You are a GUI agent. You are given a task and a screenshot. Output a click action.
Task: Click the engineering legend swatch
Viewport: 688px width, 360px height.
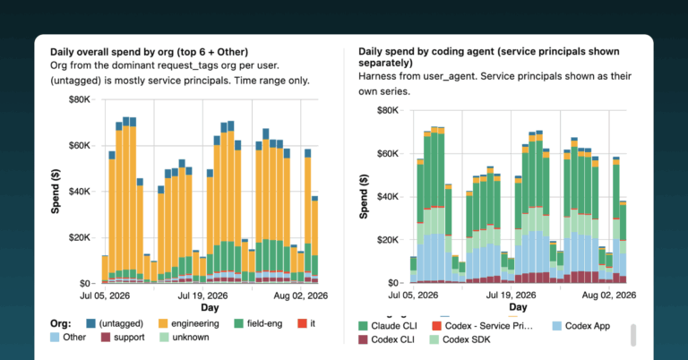point(163,323)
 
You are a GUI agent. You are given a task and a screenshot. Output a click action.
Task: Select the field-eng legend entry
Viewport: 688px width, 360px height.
point(258,323)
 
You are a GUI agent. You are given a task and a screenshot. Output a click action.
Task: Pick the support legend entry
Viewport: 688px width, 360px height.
point(123,338)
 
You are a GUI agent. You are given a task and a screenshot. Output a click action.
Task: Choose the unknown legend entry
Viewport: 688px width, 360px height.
point(184,338)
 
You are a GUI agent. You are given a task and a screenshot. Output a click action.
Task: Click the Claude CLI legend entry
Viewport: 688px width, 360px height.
point(387,326)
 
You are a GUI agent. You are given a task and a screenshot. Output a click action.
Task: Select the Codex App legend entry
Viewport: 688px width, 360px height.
point(580,326)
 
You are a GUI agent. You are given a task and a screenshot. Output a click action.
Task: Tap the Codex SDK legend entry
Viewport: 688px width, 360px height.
point(460,339)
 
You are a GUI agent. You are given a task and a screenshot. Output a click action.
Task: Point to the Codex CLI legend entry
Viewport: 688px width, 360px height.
point(386,339)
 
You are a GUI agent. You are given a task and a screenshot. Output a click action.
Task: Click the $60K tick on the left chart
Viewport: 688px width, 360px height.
point(79,146)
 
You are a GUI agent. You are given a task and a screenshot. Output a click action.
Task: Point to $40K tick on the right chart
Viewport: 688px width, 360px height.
point(387,196)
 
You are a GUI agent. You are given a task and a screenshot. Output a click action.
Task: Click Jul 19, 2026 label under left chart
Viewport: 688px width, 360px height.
point(202,296)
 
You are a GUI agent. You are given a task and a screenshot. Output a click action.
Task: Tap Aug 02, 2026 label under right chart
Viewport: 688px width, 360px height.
point(609,296)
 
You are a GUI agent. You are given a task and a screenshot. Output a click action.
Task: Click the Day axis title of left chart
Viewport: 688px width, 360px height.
point(210,307)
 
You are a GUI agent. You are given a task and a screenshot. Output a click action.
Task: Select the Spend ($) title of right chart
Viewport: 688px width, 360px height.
point(364,196)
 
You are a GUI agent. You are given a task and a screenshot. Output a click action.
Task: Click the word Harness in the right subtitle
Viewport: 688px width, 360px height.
point(375,76)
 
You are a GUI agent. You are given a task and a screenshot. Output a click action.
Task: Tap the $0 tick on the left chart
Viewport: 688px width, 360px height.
point(85,283)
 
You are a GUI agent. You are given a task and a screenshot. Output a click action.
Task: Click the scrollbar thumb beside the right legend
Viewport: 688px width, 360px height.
point(633,336)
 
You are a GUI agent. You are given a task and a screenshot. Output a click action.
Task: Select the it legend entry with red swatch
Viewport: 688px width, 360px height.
point(306,323)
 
